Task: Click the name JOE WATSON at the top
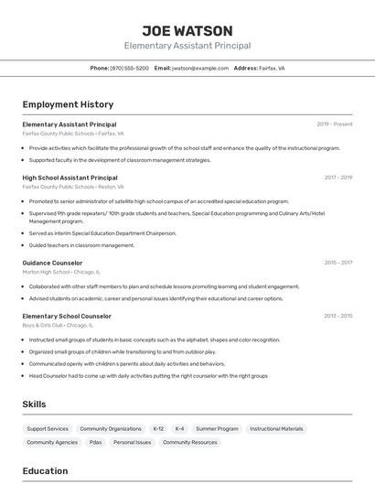[x=187, y=30]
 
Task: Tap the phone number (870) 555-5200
[x=129, y=68]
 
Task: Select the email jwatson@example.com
[x=199, y=68]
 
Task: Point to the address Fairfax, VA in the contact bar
[x=272, y=68]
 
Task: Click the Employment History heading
[x=68, y=104]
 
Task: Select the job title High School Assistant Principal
[x=70, y=178]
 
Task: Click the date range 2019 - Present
[x=334, y=124]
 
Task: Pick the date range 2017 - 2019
[x=337, y=178]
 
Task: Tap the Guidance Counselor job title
[x=52, y=263]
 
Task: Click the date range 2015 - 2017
[x=337, y=263]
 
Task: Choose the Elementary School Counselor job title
[x=67, y=316]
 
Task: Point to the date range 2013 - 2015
[x=337, y=316]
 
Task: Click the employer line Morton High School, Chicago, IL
[x=61, y=272]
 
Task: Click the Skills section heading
[x=34, y=404]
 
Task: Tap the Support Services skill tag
[x=48, y=428]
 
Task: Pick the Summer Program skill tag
[x=217, y=428]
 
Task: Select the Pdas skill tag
[x=95, y=442]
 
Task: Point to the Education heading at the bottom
[x=45, y=471]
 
